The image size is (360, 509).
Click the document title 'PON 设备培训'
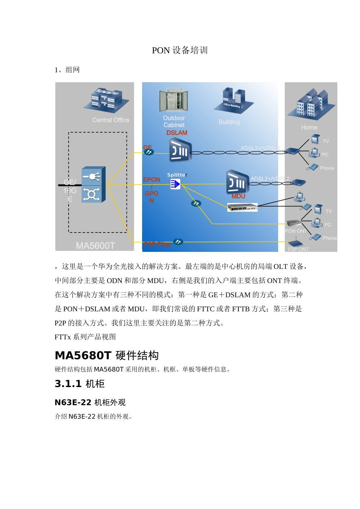click(180, 50)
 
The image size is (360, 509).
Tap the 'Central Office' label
click(111, 120)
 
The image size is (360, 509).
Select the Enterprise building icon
click(106, 99)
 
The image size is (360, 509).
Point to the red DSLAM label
click(177, 133)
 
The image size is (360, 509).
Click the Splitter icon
click(175, 184)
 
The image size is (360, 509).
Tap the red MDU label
click(238, 196)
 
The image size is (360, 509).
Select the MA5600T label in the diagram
click(95, 246)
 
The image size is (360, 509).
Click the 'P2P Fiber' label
click(157, 244)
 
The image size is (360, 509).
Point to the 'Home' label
click(309, 128)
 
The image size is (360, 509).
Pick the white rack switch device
click(242, 207)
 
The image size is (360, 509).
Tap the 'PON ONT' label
click(296, 231)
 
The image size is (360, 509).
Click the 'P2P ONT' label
click(298, 249)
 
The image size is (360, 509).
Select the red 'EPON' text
click(152, 180)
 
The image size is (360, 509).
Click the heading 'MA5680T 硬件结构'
click(106, 356)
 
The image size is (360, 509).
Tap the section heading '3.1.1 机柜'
click(80, 384)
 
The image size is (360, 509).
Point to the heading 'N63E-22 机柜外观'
click(90, 402)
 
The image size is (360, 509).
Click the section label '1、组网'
click(67, 70)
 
